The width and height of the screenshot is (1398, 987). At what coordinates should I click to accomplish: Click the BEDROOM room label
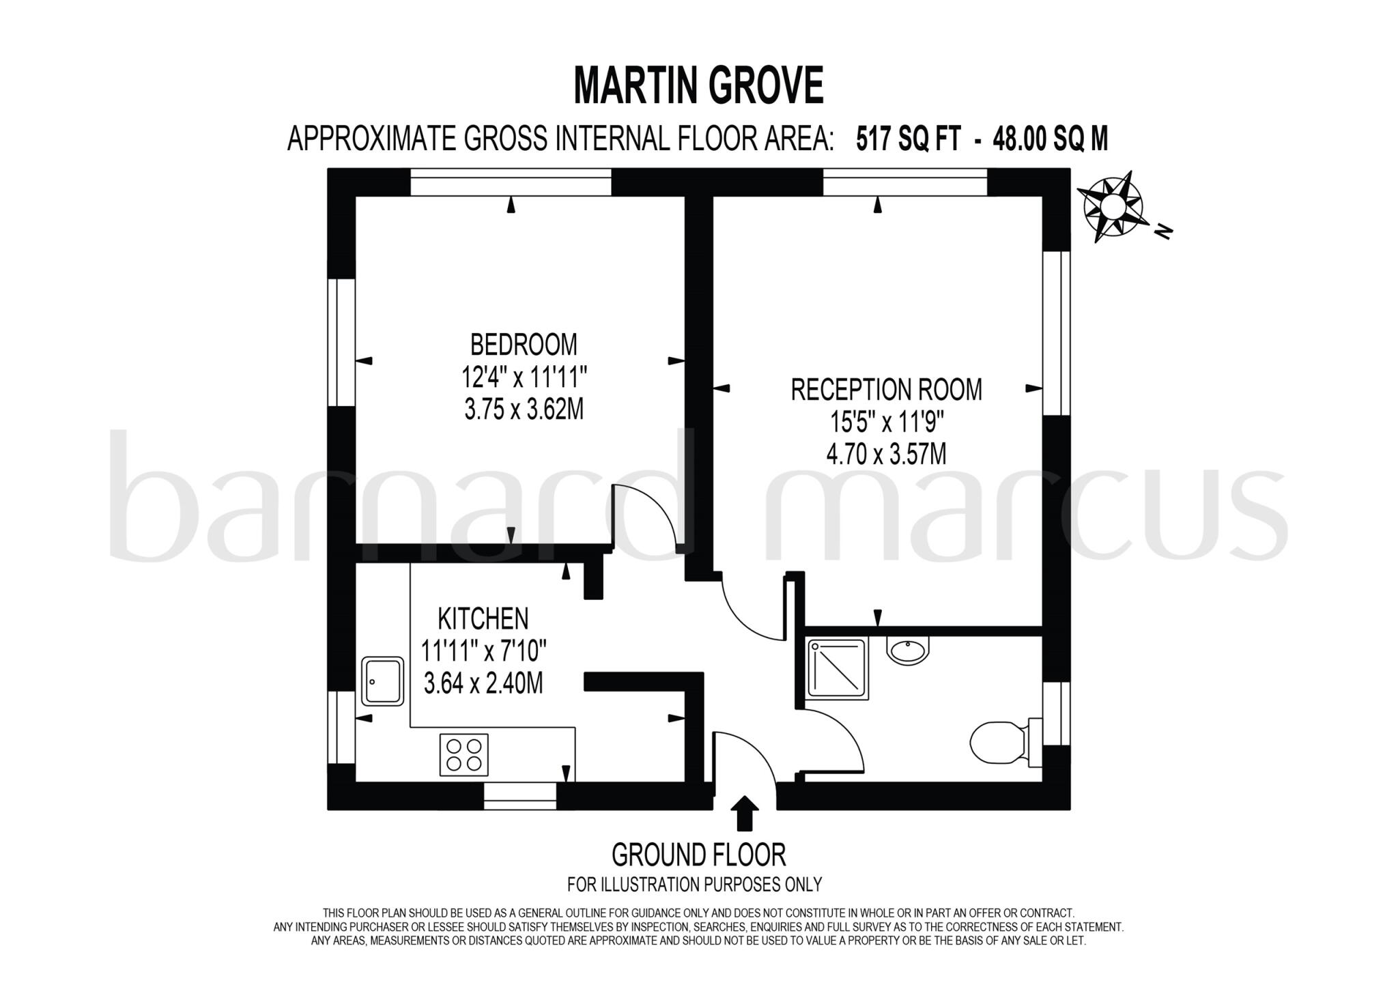[x=524, y=345]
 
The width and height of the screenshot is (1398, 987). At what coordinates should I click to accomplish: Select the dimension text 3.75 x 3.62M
[x=524, y=410]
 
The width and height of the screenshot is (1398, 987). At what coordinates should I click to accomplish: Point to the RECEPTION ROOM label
[x=886, y=390]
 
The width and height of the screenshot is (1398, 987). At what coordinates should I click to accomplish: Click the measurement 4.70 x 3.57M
[x=886, y=454]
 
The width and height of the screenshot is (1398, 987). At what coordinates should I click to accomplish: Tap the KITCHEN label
[x=483, y=618]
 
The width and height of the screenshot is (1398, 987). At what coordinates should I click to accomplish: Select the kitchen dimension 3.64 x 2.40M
[x=483, y=683]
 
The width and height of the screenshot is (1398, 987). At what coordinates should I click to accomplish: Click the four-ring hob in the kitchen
[x=464, y=754]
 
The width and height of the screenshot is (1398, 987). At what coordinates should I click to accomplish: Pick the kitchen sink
[x=382, y=681]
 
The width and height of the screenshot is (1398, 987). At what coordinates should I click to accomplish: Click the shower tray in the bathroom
[x=837, y=669]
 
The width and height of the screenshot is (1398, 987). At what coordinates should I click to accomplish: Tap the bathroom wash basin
[x=908, y=649]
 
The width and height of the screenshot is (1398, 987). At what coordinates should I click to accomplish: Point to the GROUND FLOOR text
[x=698, y=855]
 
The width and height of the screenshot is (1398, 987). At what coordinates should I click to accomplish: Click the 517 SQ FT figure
[x=908, y=139]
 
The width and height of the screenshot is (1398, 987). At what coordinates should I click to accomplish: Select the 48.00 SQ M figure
[x=1051, y=139]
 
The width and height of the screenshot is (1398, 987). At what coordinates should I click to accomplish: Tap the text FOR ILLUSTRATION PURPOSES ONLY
[x=694, y=885]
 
